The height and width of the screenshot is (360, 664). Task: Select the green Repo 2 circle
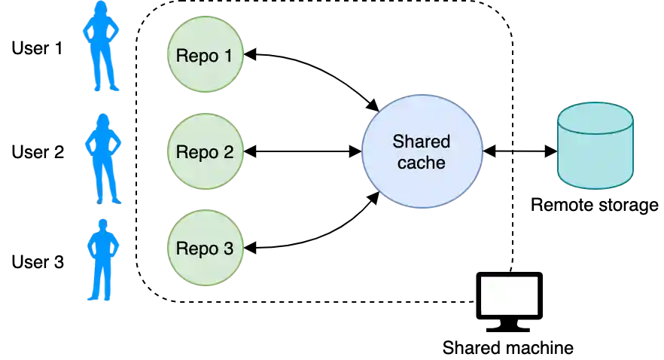click(x=205, y=151)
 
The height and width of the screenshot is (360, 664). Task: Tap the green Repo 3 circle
click(x=205, y=248)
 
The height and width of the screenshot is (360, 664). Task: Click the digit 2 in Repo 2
click(x=228, y=151)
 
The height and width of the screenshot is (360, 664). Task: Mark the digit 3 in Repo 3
click(x=228, y=248)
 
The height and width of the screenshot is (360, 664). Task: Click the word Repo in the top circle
click(x=193, y=56)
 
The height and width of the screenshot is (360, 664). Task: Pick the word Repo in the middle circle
click(x=193, y=152)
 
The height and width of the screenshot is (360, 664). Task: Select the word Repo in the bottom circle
click(x=193, y=249)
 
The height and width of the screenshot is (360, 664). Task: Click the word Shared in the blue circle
click(x=421, y=142)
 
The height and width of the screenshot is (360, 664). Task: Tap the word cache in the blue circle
click(x=421, y=162)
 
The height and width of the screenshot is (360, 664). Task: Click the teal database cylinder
click(x=595, y=154)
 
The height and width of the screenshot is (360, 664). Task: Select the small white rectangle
click(x=509, y=294)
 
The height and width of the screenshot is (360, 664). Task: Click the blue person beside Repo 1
click(x=101, y=49)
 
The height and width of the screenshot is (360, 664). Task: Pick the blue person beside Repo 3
click(x=102, y=260)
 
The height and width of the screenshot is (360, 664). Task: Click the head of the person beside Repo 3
click(x=102, y=223)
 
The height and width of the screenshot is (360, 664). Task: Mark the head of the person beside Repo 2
click(x=103, y=121)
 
